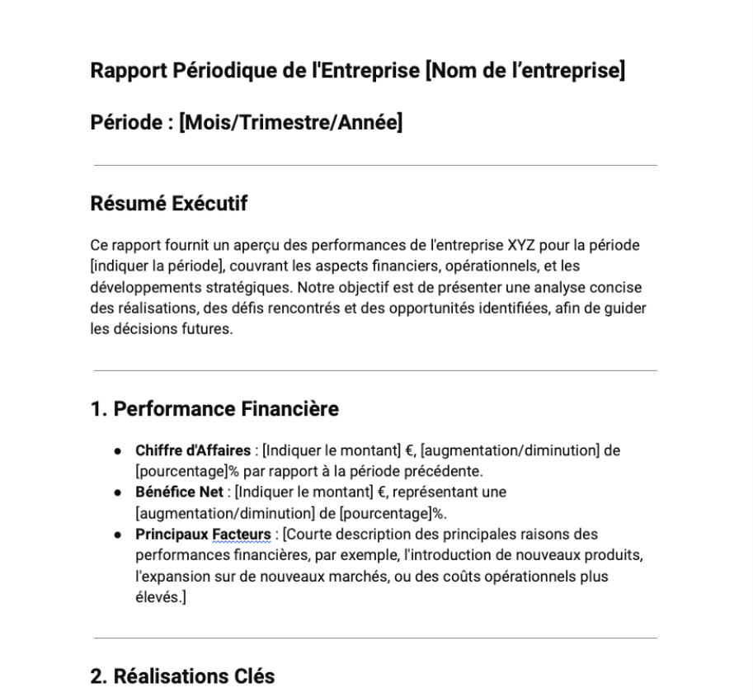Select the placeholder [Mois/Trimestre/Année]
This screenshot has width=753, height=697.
coord(291,125)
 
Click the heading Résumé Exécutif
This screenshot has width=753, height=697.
coord(168,204)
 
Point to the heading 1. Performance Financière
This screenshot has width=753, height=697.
coord(214,408)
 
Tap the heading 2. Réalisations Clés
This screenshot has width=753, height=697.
coord(182,676)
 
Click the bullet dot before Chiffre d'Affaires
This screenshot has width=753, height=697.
coord(120,450)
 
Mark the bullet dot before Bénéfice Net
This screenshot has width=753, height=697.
coord(120,492)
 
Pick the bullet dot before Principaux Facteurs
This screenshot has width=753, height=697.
coord(120,535)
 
